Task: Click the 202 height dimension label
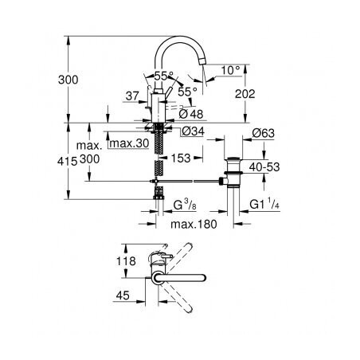tap(245, 94)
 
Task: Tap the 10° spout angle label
tap(230, 70)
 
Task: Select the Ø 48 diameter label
tap(191, 114)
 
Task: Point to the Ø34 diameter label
tap(194, 131)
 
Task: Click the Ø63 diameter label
tap(263, 133)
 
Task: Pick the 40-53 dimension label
tap(264, 167)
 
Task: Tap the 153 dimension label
tap(181, 158)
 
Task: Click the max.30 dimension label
tap(129, 143)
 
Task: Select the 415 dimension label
tap(67, 161)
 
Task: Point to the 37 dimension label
tap(132, 96)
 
